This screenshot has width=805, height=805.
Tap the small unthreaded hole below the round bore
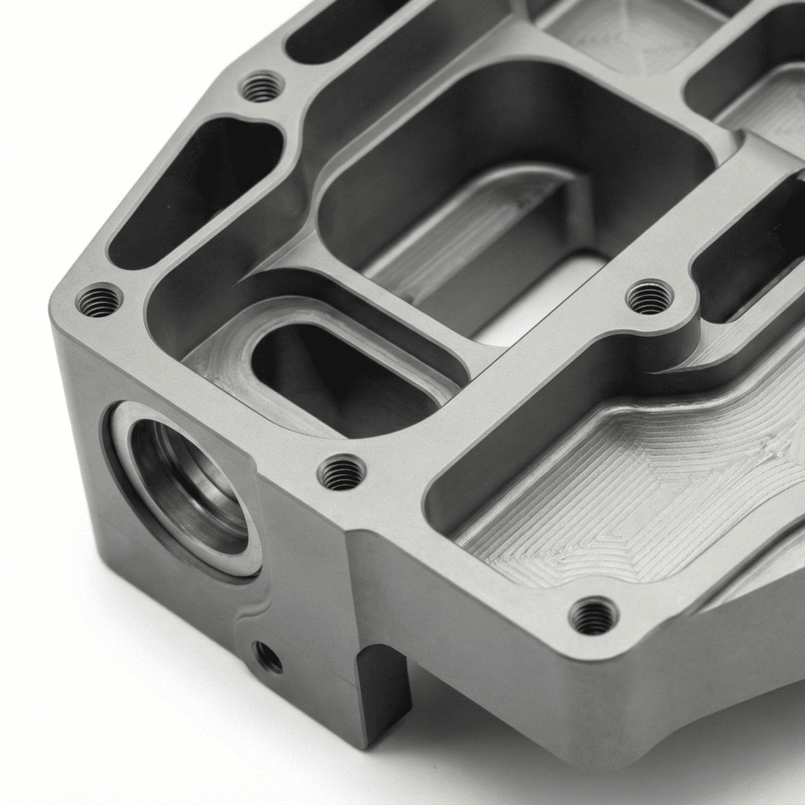(267, 658)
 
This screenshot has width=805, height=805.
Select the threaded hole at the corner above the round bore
(99, 301)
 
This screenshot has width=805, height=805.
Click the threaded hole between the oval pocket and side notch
(341, 473)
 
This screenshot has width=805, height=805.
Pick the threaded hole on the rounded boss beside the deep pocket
(649, 298)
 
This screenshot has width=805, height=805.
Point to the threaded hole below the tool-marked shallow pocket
(593, 617)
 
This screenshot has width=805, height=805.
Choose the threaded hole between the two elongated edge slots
(262, 86)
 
